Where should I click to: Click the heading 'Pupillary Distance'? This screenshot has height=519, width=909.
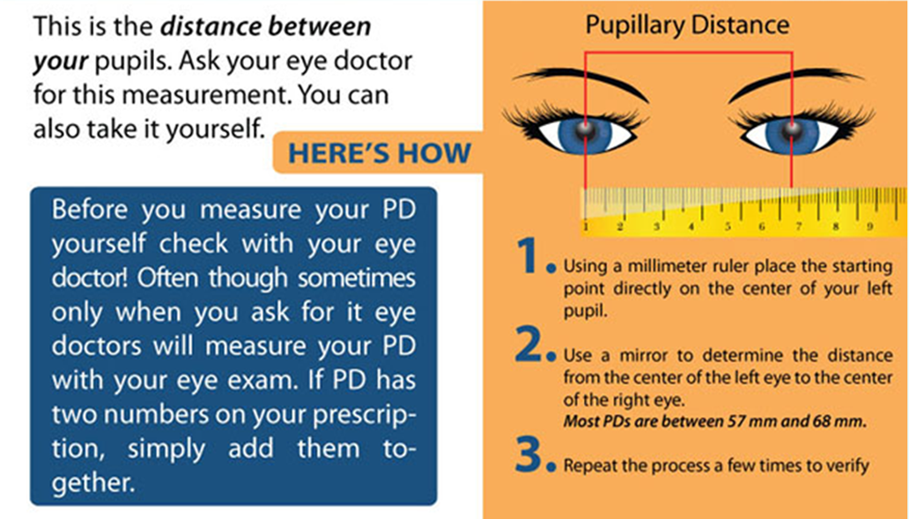coord(687,26)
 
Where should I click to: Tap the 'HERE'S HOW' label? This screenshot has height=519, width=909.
coord(379,153)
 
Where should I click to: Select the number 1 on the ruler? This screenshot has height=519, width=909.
coord(586,226)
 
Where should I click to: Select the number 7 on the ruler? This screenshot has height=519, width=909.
coord(798,226)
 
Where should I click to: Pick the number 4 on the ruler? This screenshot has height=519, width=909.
coord(691,226)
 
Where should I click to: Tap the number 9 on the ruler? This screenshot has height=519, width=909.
coord(869,226)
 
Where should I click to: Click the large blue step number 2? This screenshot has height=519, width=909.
coord(528,345)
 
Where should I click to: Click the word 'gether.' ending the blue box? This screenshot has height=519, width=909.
coord(92,483)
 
